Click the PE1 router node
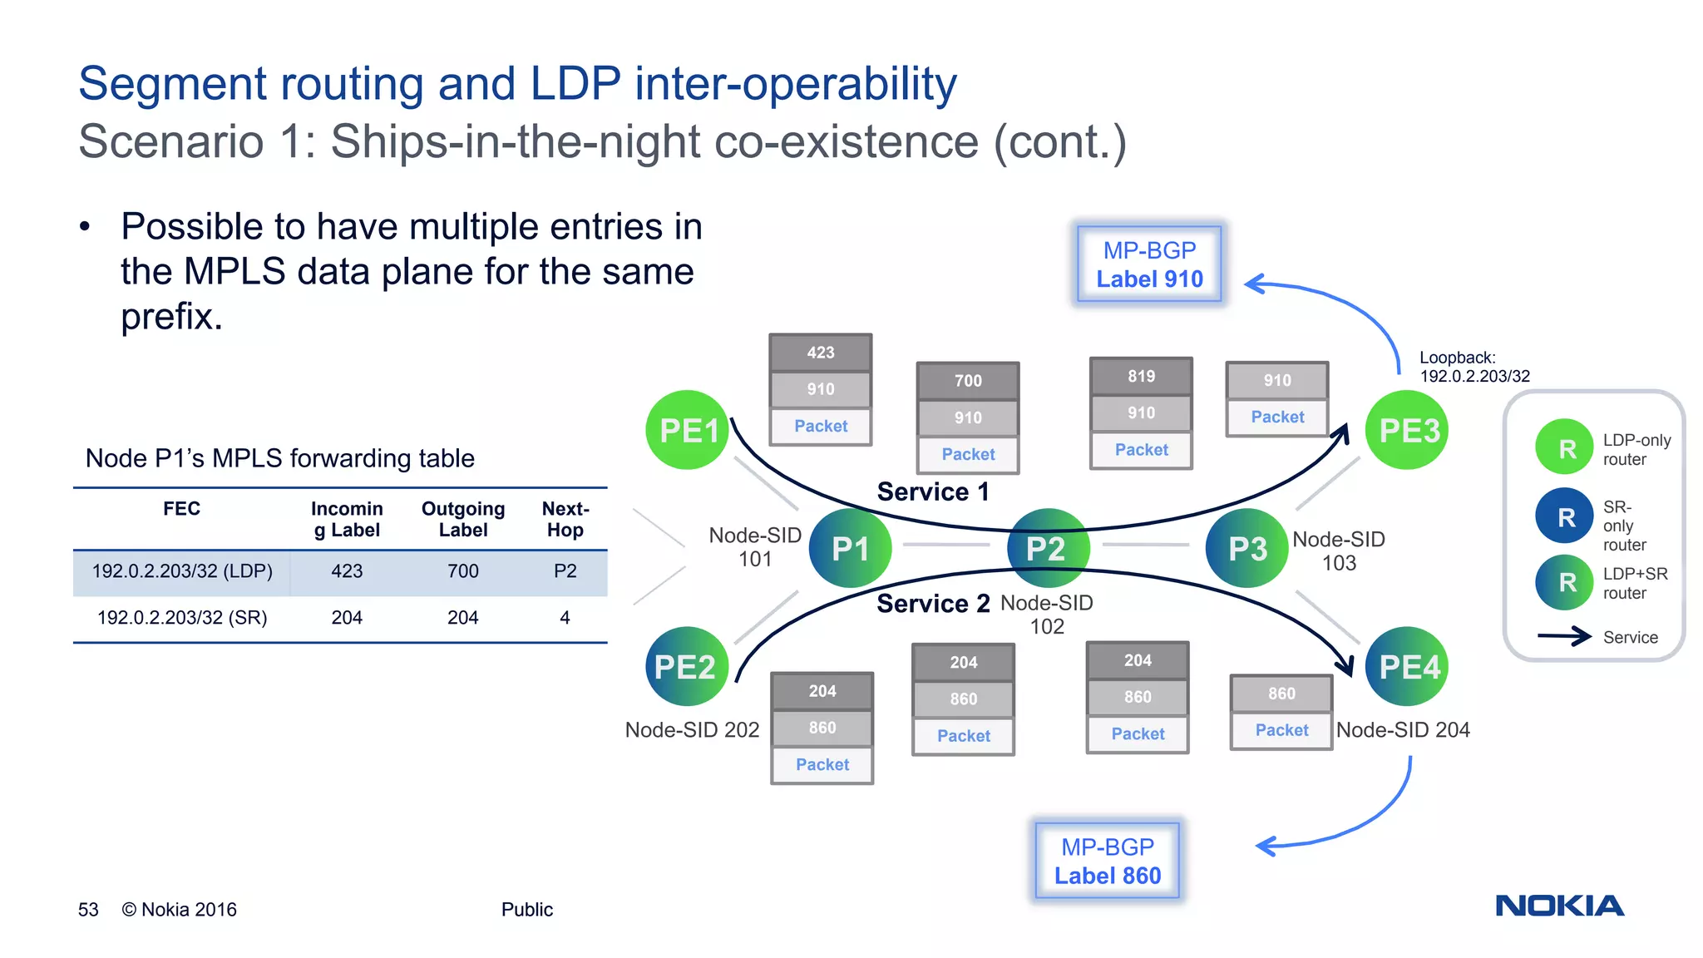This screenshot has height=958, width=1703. [x=688, y=430]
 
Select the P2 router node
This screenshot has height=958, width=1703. [x=1046, y=548]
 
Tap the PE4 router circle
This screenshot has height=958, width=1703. [x=1408, y=666]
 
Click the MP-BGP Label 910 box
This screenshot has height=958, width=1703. [x=1149, y=264]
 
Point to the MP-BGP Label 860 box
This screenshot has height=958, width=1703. [x=1108, y=861]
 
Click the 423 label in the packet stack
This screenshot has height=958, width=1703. [x=820, y=353]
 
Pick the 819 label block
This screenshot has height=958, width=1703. [x=1141, y=376]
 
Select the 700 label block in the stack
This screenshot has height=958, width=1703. [x=968, y=381]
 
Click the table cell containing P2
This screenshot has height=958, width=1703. [x=565, y=571]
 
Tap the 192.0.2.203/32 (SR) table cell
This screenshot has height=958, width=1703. [x=182, y=618]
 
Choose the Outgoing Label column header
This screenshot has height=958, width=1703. [x=463, y=519]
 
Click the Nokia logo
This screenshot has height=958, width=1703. [x=1559, y=906]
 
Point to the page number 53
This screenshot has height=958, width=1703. [x=88, y=910]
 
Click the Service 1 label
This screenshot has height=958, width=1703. [x=933, y=491]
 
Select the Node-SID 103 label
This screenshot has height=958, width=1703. [x=1339, y=551]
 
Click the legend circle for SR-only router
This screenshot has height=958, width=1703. [x=1566, y=517]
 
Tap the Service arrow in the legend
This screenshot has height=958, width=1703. [x=1564, y=637]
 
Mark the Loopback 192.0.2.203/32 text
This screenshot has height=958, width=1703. [x=1473, y=367]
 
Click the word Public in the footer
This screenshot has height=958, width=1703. [x=526, y=910]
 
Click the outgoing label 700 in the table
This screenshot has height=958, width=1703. [x=463, y=571]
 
